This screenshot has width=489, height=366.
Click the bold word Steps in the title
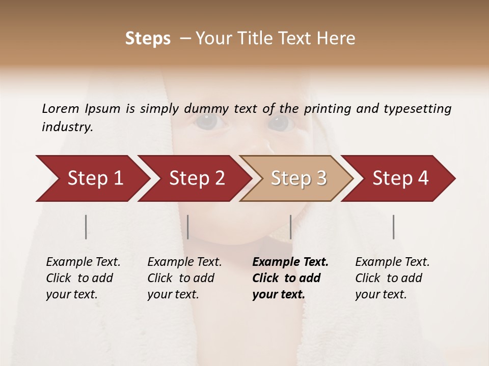(148, 39)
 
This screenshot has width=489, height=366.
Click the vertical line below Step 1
(86, 227)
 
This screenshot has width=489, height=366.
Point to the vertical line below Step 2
(188, 227)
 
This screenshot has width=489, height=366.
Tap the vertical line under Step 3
(290, 227)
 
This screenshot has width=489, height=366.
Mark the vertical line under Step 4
(394, 227)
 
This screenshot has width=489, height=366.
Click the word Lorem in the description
(61, 109)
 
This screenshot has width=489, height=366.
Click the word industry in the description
(67, 127)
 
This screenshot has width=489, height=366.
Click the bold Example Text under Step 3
(290, 262)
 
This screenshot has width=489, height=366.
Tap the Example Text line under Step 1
(83, 262)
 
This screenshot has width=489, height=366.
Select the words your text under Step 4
(381, 294)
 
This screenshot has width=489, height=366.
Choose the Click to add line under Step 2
(181, 278)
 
